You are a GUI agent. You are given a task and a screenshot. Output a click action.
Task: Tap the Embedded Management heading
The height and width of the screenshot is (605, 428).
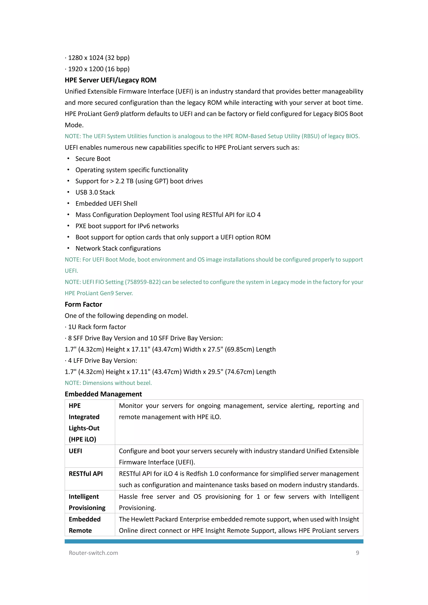103,394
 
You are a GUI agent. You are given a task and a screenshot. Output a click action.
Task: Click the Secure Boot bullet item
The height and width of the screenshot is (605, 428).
93,159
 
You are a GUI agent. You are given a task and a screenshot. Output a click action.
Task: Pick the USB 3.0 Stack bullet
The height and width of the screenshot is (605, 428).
95,192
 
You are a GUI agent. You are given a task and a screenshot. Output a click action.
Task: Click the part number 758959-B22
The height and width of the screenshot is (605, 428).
143,282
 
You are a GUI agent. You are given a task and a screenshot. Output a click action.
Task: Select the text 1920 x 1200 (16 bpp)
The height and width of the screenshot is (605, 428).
99,69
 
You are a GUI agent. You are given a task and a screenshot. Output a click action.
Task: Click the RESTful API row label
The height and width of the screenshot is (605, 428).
86,474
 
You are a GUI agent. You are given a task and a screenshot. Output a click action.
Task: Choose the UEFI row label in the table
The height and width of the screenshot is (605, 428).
75,451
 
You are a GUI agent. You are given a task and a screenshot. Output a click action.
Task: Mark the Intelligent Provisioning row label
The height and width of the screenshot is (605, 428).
87,502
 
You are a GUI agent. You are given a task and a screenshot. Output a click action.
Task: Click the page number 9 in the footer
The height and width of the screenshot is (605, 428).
357,553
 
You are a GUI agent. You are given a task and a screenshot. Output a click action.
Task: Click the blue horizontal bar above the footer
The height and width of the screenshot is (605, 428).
214,541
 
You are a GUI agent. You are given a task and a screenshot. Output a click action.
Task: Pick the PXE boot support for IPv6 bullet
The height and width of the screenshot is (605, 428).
127,226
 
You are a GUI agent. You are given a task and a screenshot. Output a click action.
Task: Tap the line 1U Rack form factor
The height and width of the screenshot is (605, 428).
97,327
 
